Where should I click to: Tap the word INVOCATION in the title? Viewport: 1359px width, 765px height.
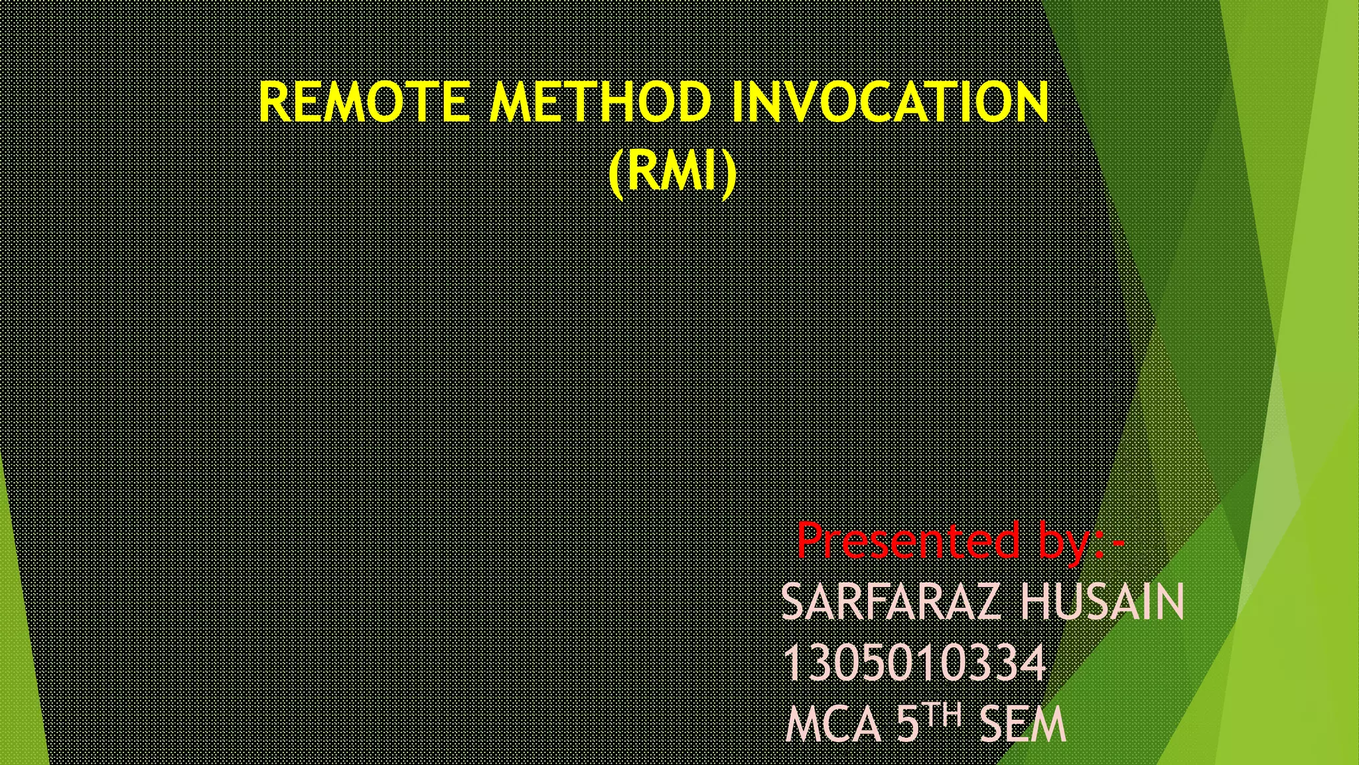click(890, 102)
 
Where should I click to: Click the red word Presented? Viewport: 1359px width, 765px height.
click(908, 541)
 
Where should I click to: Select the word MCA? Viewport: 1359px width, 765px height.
click(833, 724)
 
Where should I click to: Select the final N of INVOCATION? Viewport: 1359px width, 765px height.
click(1029, 102)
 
